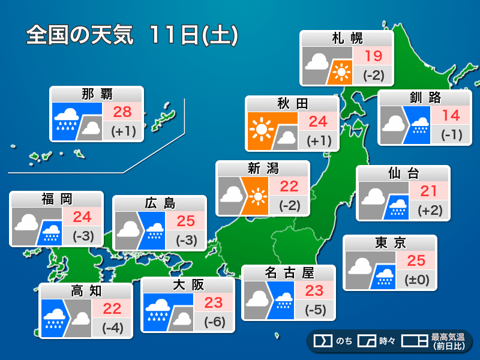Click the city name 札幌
347,38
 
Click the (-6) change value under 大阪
214,322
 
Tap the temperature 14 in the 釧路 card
451,115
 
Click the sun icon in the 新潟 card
258,196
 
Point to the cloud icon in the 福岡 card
27,223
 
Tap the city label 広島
160,203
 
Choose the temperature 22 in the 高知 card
112,308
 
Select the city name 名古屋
289,273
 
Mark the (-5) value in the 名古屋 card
314,310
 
